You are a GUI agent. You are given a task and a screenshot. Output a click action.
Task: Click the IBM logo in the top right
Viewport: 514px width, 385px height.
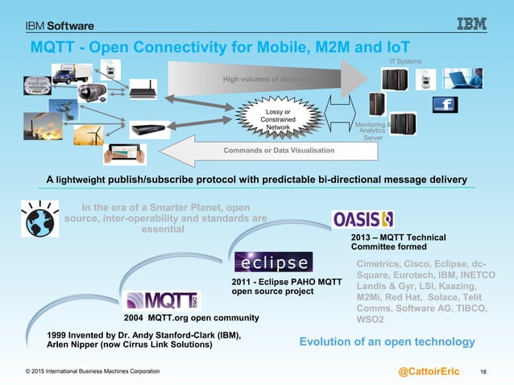tap(472, 24)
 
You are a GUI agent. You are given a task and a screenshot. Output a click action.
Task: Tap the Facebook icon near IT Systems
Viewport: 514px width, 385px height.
tap(446, 106)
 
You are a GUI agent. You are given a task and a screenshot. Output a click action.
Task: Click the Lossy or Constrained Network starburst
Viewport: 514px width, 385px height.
tap(277, 118)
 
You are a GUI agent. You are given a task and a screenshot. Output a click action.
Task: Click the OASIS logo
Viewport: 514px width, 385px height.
tap(363, 218)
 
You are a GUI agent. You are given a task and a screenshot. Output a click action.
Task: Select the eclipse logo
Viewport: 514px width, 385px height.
tap(272, 264)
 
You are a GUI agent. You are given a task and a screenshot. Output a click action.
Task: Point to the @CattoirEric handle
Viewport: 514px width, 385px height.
tap(429, 371)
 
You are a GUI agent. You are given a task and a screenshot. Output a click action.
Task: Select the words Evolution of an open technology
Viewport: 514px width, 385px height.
tap(387, 342)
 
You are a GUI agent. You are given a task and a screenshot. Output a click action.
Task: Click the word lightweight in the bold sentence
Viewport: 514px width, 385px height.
tap(81, 178)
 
